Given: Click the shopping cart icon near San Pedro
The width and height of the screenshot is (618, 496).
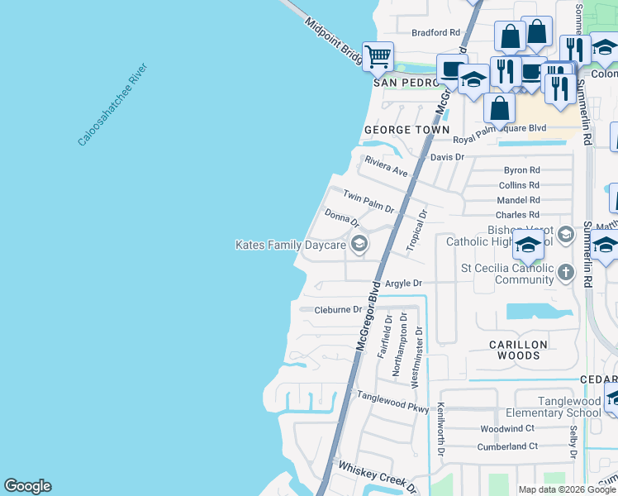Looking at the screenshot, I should [378, 57].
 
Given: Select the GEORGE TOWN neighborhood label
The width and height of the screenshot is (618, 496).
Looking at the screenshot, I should [406, 130].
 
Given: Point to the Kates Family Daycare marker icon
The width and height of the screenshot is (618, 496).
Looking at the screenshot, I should [359, 244].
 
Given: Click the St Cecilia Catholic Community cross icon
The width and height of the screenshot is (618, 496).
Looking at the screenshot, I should [565, 272].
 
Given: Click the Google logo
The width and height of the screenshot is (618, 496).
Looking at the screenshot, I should [27, 486].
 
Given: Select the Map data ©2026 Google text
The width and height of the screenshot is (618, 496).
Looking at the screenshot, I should [566, 489].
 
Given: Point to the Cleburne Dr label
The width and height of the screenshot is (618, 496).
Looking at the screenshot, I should [338, 310].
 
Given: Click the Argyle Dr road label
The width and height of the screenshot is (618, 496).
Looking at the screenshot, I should [404, 283].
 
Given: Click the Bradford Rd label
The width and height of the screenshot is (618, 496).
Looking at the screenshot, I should [435, 32].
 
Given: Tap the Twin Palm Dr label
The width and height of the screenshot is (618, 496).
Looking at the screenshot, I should [368, 203].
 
